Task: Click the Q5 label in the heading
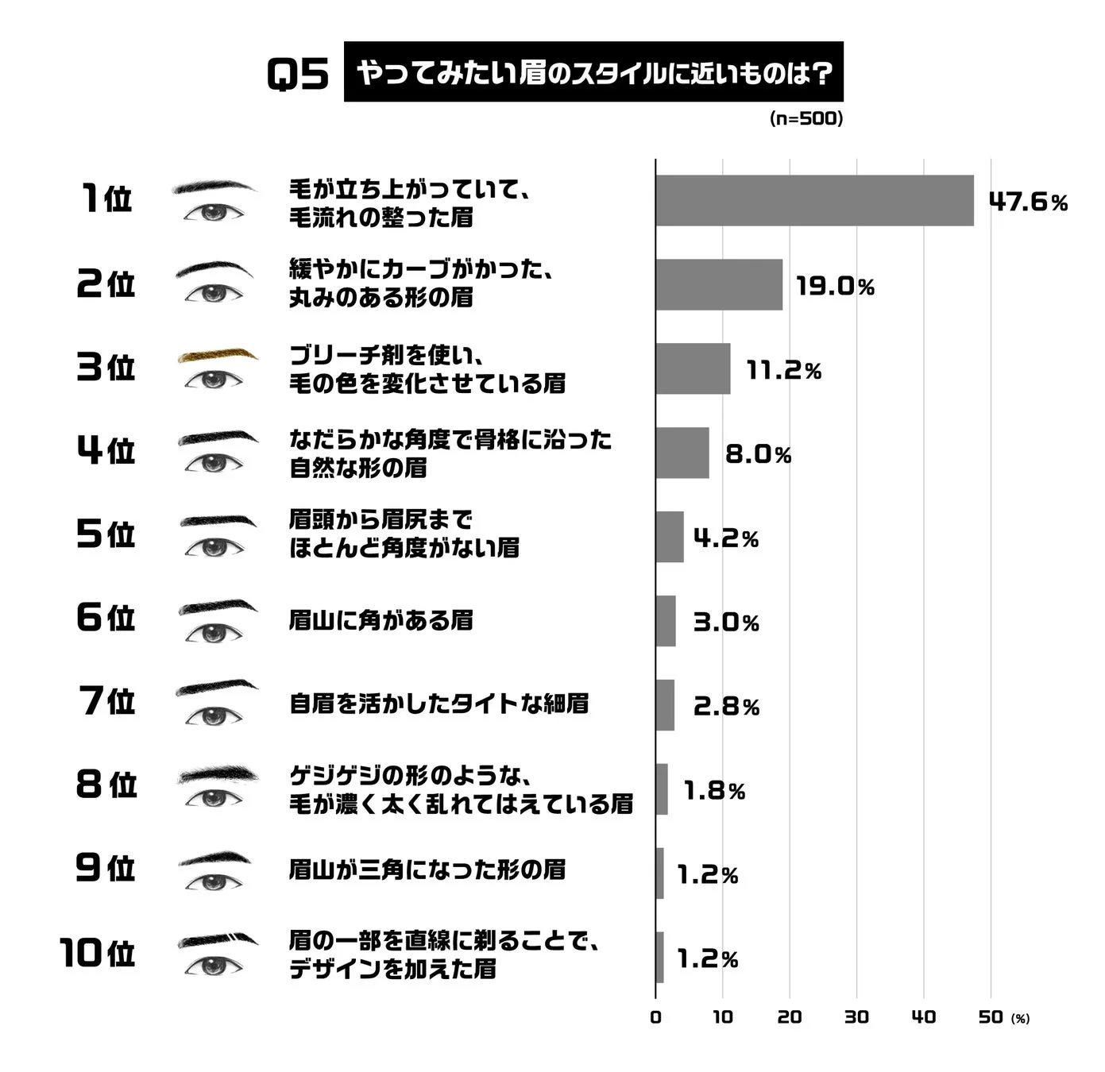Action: (x=298, y=75)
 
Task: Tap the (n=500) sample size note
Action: (x=806, y=118)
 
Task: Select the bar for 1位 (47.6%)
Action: (x=814, y=201)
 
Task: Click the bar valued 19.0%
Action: (x=719, y=284)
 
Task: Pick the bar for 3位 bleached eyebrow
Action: (x=693, y=368)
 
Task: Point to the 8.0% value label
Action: (x=758, y=454)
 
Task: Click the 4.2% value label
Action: (x=726, y=538)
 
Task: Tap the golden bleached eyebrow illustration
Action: (x=217, y=355)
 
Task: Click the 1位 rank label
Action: (x=106, y=199)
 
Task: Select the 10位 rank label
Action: (x=98, y=952)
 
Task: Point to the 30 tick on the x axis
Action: (x=856, y=1017)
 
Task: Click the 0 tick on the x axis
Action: (x=655, y=1017)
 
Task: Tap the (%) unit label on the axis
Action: (x=1020, y=1019)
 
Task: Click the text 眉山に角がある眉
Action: (x=381, y=620)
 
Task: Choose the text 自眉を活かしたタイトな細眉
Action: (x=439, y=704)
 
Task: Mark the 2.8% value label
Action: (x=726, y=706)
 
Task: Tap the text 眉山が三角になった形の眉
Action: (x=427, y=870)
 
